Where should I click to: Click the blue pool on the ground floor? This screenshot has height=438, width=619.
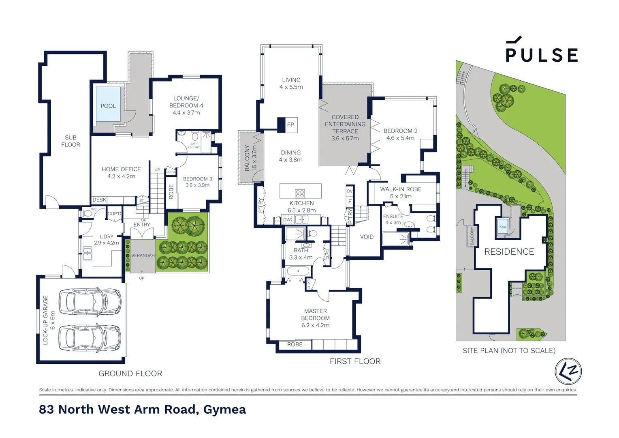click(108, 105)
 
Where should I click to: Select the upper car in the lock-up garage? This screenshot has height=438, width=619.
click(90, 302)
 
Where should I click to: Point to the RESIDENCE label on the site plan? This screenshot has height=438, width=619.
click(509, 252)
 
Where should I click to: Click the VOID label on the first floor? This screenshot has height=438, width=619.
click(367, 237)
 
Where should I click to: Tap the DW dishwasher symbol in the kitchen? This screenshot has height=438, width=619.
click(287, 220)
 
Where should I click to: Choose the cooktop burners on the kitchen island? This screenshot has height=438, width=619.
click(300, 193)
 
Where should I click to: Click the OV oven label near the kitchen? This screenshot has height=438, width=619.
click(350, 191)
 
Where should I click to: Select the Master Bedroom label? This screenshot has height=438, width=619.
click(315, 318)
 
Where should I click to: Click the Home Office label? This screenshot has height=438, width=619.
click(121, 172)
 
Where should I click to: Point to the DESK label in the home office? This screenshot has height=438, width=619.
click(99, 200)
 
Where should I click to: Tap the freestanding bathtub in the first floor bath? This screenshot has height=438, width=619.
click(298, 271)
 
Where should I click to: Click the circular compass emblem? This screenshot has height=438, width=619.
click(568, 371)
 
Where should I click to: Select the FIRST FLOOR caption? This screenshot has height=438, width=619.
click(355, 361)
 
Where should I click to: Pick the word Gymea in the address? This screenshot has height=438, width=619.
click(224, 410)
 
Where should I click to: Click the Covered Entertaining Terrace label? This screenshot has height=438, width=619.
click(345, 127)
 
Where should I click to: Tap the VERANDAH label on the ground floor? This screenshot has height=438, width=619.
click(143, 255)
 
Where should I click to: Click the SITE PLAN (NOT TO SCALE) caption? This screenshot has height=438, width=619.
click(509, 351)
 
